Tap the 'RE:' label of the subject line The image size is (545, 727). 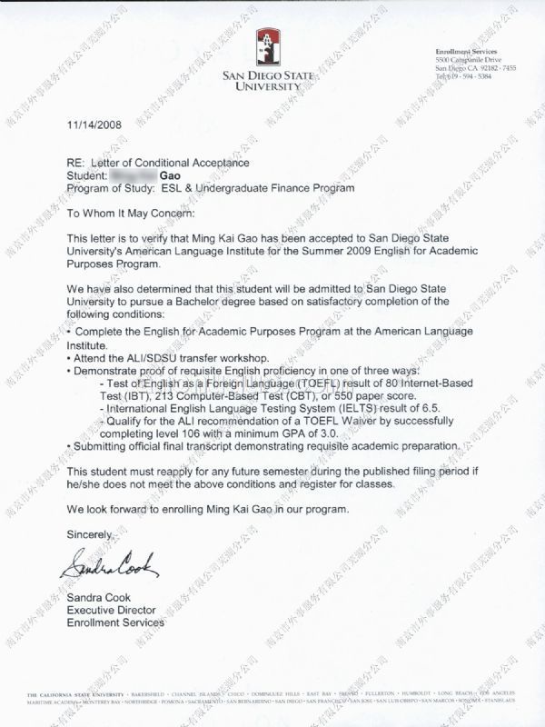click(x=77, y=162)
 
